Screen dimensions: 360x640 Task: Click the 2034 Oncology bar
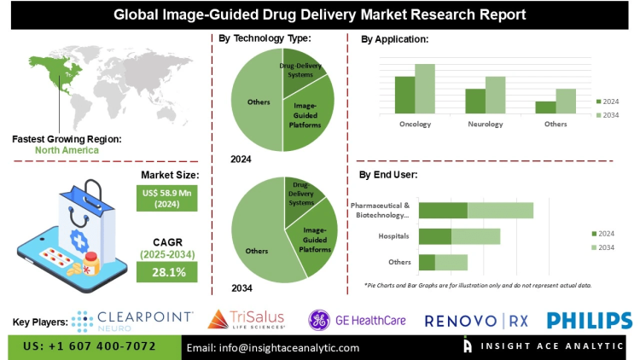(425, 89)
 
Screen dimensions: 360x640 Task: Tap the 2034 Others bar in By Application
(566, 101)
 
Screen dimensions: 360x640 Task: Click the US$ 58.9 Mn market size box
(167, 199)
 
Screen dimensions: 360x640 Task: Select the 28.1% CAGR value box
(167, 271)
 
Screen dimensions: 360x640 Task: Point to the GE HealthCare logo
(359, 319)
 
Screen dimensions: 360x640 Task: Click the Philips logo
(590, 320)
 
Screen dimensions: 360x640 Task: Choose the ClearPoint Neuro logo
(132, 319)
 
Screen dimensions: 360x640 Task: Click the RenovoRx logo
(480, 320)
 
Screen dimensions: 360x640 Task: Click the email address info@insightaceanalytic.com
(273, 348)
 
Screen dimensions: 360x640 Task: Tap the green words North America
(67, 150)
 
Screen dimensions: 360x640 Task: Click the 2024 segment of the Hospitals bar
(435, 236)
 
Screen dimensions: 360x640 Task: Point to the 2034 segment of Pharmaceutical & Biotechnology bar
(500, 210)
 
